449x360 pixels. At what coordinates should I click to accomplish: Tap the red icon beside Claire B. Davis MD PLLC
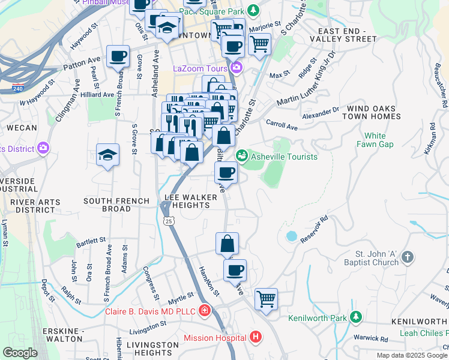pos(205,311)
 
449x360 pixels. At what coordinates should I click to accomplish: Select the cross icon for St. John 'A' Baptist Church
pos(407,257)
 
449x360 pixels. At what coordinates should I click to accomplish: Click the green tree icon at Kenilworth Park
pos(356,317)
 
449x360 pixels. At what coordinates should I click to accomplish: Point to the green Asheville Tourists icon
pos(242,156)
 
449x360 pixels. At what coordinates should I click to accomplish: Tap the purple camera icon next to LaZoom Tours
pos(237,68)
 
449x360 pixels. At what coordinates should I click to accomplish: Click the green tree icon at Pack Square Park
pos(254,10)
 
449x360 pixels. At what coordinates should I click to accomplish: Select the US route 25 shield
pos(170,221)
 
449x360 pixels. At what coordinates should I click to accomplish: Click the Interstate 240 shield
pos(16,88)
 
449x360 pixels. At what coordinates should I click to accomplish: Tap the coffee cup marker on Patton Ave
pos(118,57)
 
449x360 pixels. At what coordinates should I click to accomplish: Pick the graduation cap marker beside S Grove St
pos(108,155)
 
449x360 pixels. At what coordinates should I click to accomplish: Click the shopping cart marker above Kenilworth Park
pos(266,298)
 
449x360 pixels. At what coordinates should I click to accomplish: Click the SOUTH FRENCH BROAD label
pos(107,205)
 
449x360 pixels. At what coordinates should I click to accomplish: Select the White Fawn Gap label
pos(375,140)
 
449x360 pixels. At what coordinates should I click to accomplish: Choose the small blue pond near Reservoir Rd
pos(292,236)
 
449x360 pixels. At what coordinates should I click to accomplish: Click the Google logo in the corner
pos(20,353)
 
